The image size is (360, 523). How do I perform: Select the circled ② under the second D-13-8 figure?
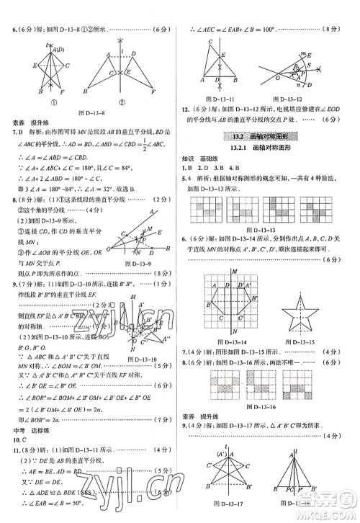click(x=120, y=100)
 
